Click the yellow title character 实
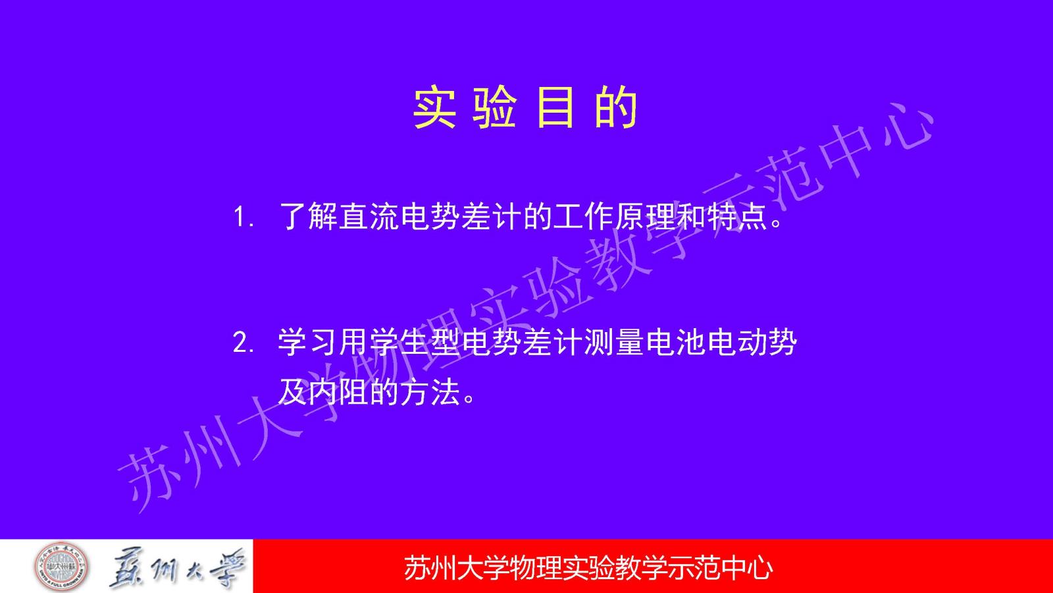click(x=435, y=107)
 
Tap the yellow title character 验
click(x=495, y=107)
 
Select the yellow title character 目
click(x=555, y=107)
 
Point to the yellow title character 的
click(x=616, y=107)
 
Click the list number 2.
click(x=244, y=343)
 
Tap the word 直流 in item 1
click(x=369, y=217)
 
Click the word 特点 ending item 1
click(x=735, y=217)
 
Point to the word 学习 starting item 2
click(x=307, y=343)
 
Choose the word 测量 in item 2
click(x=613, y=343)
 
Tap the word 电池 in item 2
click(x=675, y=343)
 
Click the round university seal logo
click(x=62, y=567)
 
